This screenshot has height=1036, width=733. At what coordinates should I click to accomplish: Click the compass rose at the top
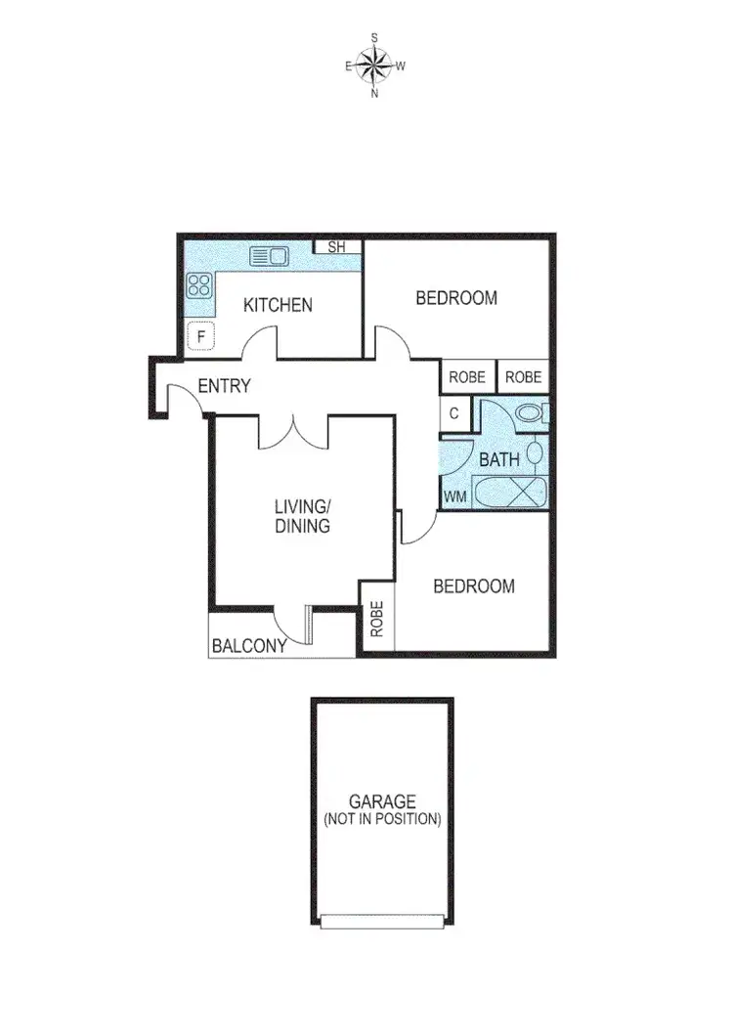pyautogui.click(x=374, y=65)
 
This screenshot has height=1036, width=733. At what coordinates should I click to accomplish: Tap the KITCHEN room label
pyautogui.click(x=278, y=305)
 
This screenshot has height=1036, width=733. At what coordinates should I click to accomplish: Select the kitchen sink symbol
pyautogui.click(x=269, y=257)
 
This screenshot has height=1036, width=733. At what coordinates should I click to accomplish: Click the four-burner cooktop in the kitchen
pyautogui.click(x=200, y=285)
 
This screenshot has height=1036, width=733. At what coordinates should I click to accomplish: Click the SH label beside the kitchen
pyautogui.click(x=336, y=247)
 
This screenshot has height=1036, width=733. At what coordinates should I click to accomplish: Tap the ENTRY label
pyautogui.click(x=224, y=386)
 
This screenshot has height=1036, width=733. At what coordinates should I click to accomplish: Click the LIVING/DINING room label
pyautogui.click(x=302, y=516)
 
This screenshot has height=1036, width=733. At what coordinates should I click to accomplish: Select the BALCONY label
pyautogui.click(x=249, y=646)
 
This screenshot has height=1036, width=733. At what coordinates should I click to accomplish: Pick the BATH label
pyautogui.click(x=498, y=459)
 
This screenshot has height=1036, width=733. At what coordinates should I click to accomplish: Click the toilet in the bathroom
pyautogui.click(x=532, y=413)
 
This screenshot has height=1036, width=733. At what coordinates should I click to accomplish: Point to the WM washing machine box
pyautogui.click(x=454, y=496)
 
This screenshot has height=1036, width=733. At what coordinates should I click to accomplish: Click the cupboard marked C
pyautogui.click(x=454, y=413)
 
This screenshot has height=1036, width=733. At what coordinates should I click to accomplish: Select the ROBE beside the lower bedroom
pyautogui.click(x=377, y=617)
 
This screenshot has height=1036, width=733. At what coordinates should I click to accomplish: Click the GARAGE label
pyautogui.click(x=382, y=801)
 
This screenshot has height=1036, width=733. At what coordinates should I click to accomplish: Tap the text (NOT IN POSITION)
pyautogui.click(x=382, y=819)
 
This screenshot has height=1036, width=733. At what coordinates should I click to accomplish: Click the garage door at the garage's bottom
pyautogui.click(x=382, y=920)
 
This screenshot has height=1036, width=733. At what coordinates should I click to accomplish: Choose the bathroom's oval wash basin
pyautogui.click(x=536, y=453)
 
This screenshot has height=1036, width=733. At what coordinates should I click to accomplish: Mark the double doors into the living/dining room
pyautogui.click(x=293, y=431)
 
